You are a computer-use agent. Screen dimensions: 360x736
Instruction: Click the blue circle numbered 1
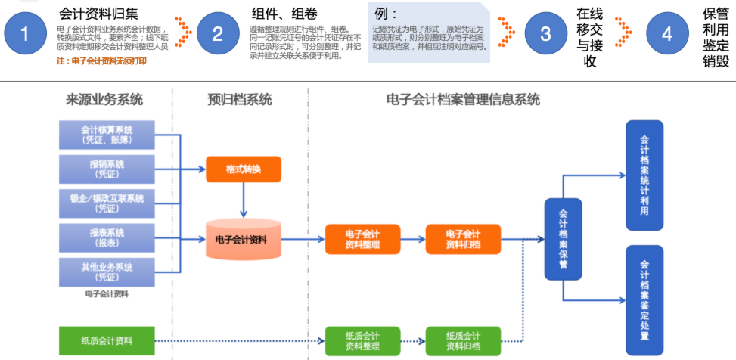[x=26, y=34]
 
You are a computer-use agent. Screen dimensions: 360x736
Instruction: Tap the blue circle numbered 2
[x=219, y=34]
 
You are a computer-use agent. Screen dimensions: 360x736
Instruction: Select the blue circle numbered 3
[x=546, y=34]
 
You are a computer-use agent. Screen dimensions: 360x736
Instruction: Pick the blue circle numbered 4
[x=666, y=34]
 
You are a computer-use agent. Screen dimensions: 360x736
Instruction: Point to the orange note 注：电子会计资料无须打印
[x=101, y=61]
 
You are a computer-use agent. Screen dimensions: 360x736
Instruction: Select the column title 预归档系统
[x=240, y=100]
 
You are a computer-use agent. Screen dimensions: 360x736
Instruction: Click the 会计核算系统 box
[x=107, y=135]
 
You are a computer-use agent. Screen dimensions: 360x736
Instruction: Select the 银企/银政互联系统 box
[x=107, y=203]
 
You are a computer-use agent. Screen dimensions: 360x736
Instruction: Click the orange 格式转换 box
[x=243, y=169]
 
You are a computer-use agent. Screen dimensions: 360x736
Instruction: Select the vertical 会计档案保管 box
[x=563, y=239]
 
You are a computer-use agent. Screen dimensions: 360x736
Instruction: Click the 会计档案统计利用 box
[x=644, y=175]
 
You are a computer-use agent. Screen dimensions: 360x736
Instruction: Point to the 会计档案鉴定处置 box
[x=644, y=299]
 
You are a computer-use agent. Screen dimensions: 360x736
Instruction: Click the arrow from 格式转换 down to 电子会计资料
[x=243, y=199]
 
